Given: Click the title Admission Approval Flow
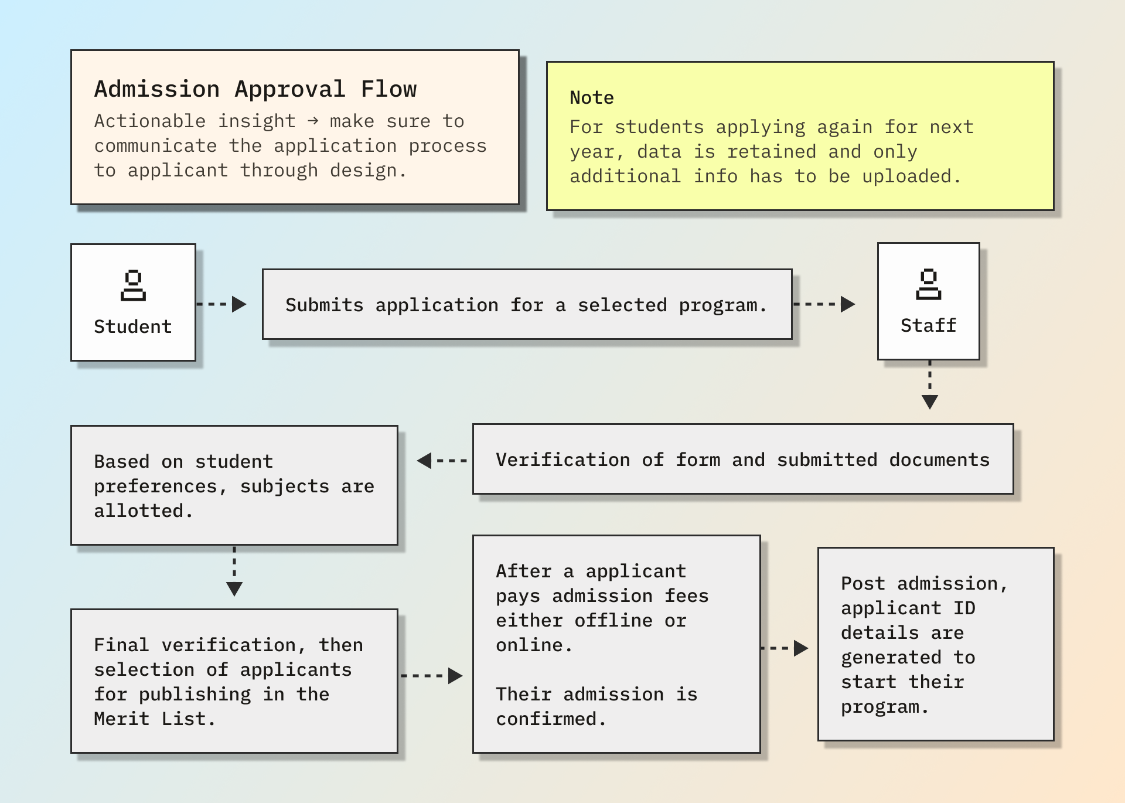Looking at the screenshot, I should click(255, 89).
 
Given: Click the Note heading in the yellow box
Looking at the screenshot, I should click(592, 97).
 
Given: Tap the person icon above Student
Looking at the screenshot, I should click(133, 285).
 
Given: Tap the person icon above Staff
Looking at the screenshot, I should click(928, 284).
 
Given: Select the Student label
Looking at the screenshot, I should click(133, 326).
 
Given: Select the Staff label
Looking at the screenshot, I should click(928, 325).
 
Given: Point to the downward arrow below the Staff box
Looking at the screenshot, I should click(929, 386).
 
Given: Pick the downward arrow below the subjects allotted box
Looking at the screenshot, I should click(234, 572).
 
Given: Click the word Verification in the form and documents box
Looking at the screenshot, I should click(562, 460).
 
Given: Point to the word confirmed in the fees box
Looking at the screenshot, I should click(546, 719).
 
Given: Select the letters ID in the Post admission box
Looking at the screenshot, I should click(964, 608).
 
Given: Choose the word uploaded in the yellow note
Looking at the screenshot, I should click(906, 176).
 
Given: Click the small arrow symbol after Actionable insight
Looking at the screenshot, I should click(313, 121).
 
